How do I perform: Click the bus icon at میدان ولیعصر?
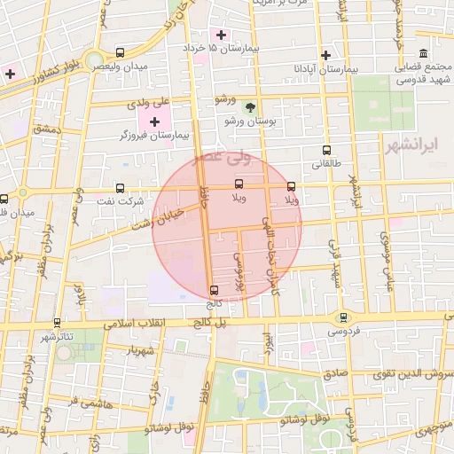pyautogui.click(x=121, y=51)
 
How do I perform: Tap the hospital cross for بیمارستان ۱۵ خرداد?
pyautogui.click(x=221, y=34)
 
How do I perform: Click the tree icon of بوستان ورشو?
pyautogui.click(x=250, y=106)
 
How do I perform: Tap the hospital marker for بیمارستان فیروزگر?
pyautogui.click(x=154, y=121)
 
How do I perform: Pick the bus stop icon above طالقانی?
pyautogui.click(x=326, y=150)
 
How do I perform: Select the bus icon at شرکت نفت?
pyautogui.click(x=121, y=187)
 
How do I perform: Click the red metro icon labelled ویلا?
pyautogui.click(x=291, y=186)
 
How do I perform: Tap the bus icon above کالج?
pyautogui.click(x=213, y=289)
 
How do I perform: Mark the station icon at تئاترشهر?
pyautogui.click(x=58, y=323)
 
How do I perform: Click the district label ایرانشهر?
pyautogui.click(x=413, y=144)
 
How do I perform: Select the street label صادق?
pyautogui.click(x=335, y=374)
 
